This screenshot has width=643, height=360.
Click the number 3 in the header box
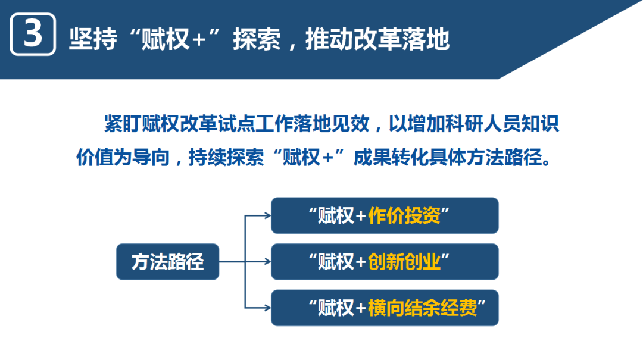pyautogui.click(x=33, y=35)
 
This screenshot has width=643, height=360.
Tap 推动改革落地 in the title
pyautogui.click(x=377, y=39)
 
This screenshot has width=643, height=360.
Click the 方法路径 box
pyautogui.click(x=167, y=262)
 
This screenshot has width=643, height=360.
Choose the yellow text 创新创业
pyautogui.click(x=404, y=262)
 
